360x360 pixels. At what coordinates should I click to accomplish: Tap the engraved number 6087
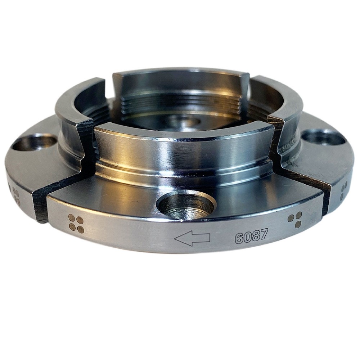251,237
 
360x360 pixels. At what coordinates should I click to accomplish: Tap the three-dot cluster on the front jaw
295,219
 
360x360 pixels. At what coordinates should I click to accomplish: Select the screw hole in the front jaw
186,204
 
